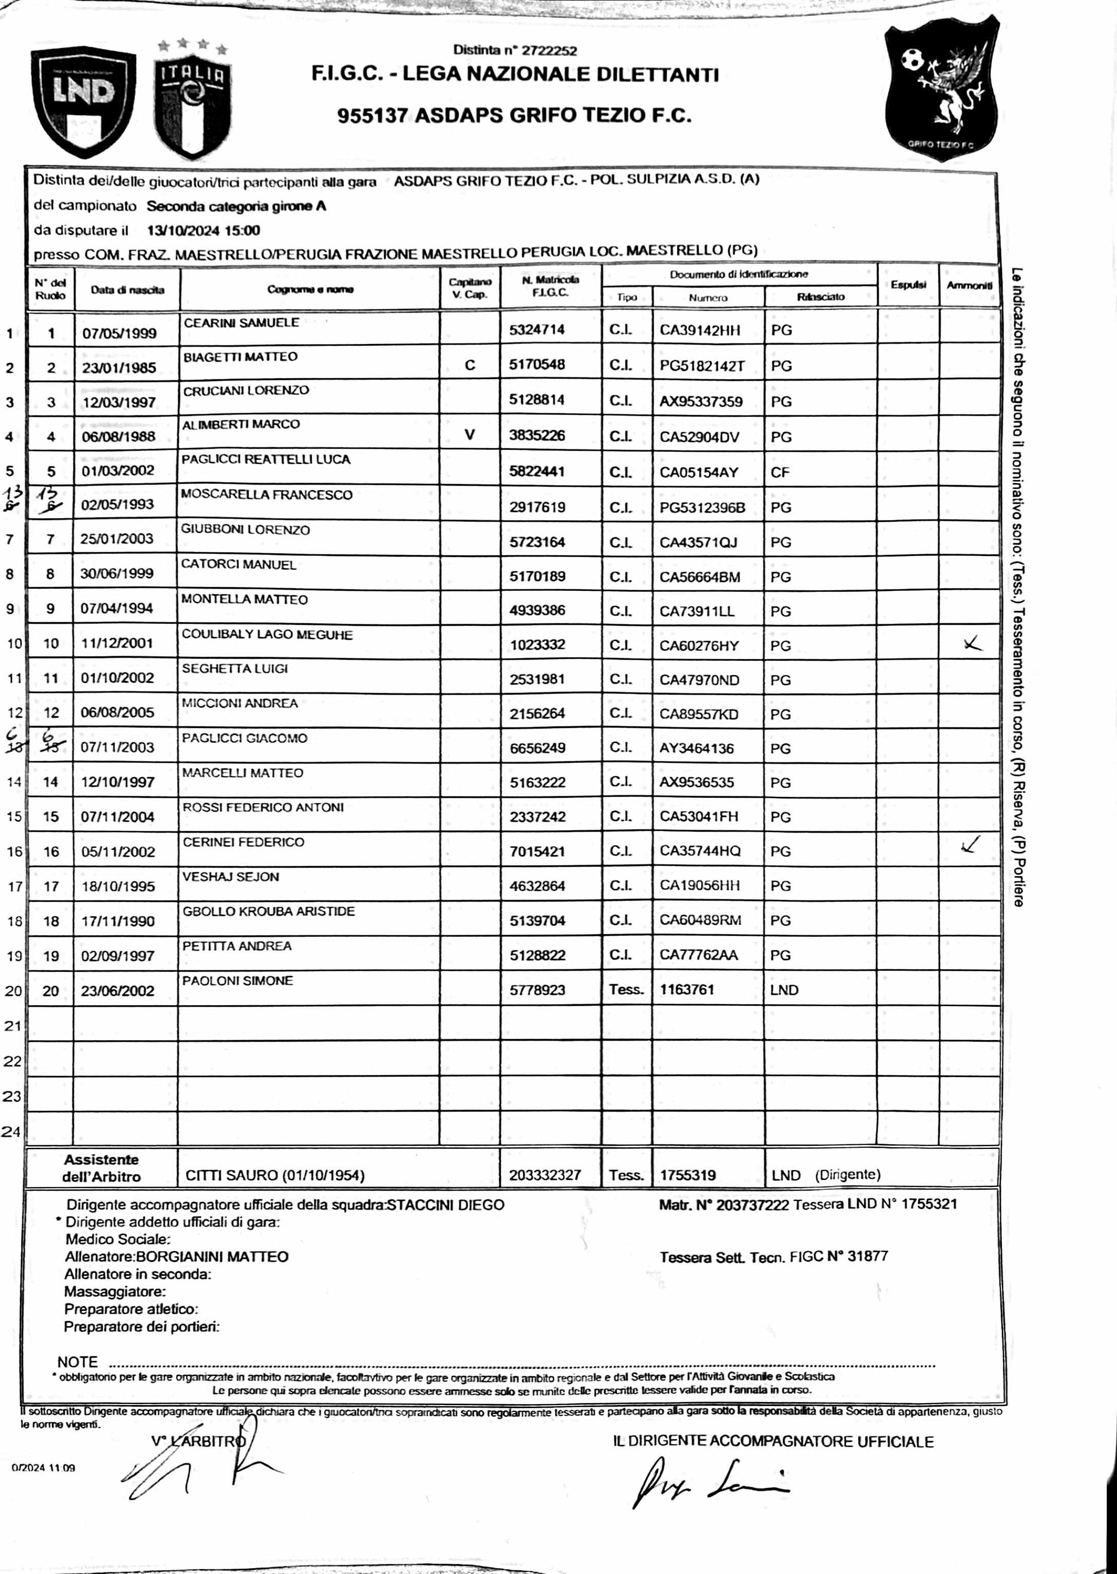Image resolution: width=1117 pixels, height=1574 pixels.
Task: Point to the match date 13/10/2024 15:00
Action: coord(203,231)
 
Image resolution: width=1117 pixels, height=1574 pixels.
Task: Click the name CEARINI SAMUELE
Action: coord(241,322)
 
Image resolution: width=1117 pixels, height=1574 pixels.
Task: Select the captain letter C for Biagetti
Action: coord(470,365)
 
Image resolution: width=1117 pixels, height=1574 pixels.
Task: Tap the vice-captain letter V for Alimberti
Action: coord(470,435)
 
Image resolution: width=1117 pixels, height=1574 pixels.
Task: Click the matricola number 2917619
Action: coord(537,508)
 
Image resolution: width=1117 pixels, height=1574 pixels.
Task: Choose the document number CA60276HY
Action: coord(699,646)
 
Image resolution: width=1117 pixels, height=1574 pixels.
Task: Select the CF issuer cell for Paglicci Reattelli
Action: coord(781,472)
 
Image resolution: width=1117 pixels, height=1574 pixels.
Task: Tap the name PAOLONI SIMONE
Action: coord(237,981)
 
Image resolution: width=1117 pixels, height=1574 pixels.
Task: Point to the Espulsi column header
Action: coord(908,285)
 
